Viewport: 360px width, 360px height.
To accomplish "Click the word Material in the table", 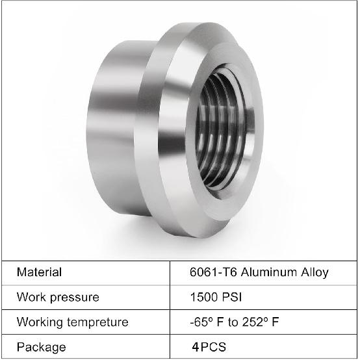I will coord(39,272).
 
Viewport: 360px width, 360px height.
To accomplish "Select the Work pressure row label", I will coord(58,297).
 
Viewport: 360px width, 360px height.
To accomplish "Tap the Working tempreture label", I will coord(72,322).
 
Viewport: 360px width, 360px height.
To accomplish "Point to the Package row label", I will coord(41,347).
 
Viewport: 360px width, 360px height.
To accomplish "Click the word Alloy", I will coord(313,272).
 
